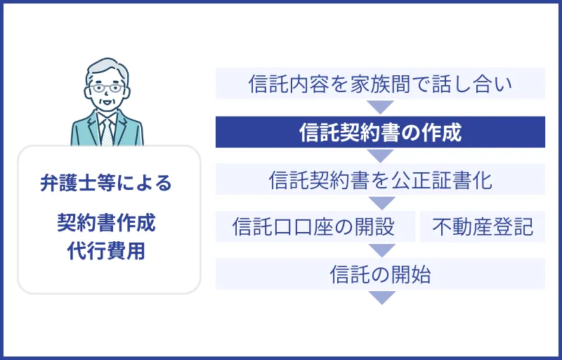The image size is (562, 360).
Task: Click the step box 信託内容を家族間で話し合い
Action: (380, 84)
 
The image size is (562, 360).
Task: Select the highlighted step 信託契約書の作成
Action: (380, 132)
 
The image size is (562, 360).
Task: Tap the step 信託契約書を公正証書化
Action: (380, 179)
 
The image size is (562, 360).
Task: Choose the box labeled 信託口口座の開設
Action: (315, 226)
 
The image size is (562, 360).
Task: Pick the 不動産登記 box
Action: (483, 226)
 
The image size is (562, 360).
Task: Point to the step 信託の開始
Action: (380, 274)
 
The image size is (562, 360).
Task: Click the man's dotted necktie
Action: (107, 130)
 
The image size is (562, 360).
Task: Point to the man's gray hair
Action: (107, 67)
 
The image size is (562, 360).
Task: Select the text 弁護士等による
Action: (106, 184)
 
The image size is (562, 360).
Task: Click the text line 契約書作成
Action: (106, 224)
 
